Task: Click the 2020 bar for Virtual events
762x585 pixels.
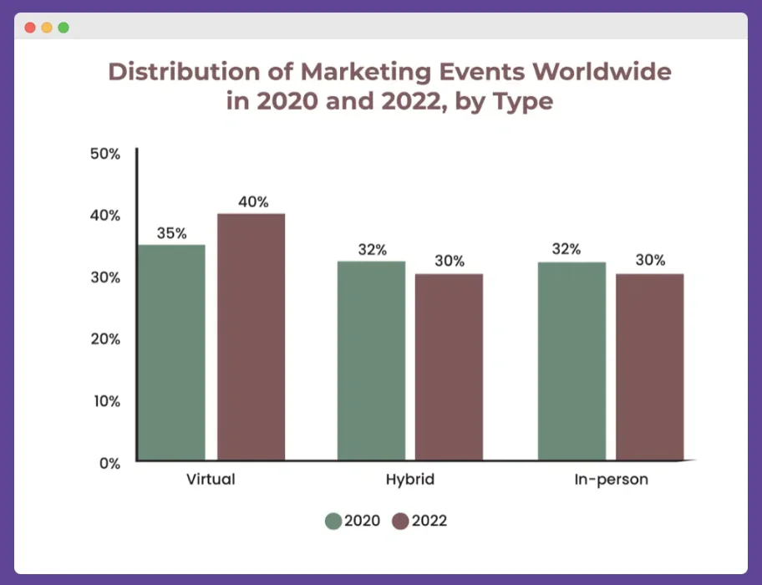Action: click(171, 352)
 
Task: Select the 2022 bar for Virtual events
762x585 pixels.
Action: click(251, 337)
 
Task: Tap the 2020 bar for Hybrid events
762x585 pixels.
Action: click(371, 360)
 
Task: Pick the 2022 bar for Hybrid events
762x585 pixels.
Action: click(450, 367)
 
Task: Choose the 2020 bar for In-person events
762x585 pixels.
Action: click(571, 361)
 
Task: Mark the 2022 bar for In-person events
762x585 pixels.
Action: click(650, 367)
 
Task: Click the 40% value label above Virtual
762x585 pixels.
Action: click(252, 201)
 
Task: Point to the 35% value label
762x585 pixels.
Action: click(171, 233)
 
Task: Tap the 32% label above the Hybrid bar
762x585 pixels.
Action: click(372, 249)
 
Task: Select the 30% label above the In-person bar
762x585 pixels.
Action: click(650, 260)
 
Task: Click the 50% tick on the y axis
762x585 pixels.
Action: click(105, 154)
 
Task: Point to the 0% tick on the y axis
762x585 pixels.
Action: click(110, 463)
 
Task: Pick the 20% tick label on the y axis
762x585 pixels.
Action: click(105, 339)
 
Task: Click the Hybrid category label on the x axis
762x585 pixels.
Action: click(410, 481)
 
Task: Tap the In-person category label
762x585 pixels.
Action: click(611, 481)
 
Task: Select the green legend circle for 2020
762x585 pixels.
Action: click(333, 521)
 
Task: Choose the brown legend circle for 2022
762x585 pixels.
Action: click(400, 521)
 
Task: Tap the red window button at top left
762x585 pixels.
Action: click(30, 28)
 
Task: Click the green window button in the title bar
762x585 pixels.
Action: click(63, 28)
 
